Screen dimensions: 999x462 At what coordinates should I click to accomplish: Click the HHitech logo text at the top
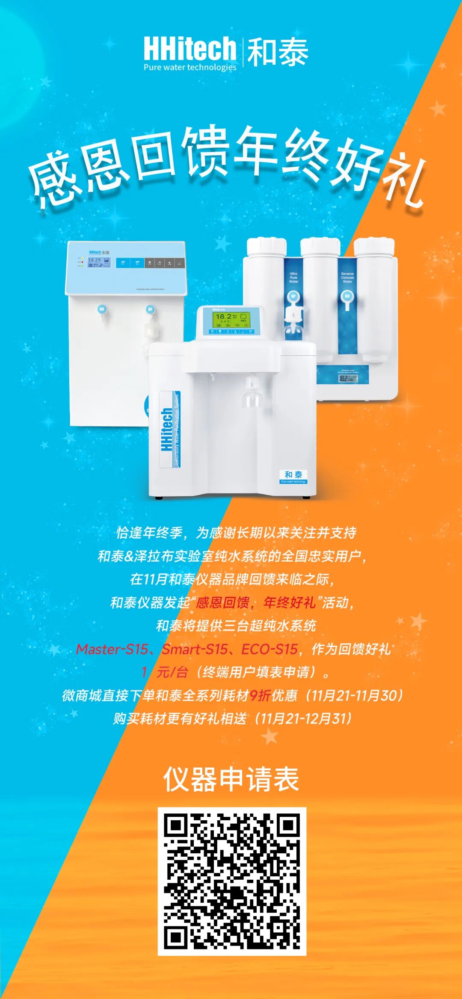[190, 49]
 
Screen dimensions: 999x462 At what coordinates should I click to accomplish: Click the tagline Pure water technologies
[190, 67]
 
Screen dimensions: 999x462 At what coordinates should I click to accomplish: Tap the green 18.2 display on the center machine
[231, 318]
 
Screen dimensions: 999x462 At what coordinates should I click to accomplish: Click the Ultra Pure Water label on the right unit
[293, 278]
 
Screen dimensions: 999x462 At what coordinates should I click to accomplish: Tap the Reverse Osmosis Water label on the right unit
[347, 278]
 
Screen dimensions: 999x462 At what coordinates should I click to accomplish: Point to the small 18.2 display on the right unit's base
[348, 378]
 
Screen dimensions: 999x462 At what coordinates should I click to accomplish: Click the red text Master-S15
[112, 649]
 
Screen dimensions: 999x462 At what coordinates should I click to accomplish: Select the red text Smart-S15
[195, 649]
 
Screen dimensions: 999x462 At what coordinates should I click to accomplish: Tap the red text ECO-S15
[269, 649]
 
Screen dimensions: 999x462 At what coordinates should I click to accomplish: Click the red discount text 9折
[260, 695]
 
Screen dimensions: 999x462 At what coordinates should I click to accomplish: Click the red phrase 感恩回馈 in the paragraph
[222, 603]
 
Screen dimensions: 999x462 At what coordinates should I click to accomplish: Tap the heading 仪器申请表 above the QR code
[231, 779]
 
